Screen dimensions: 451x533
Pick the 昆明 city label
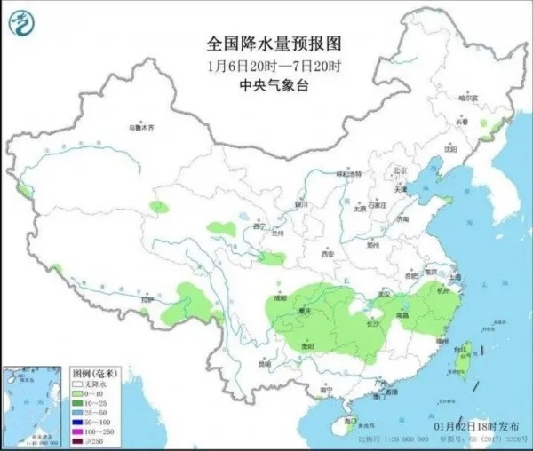pyautogui.click(x=263, y=362)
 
